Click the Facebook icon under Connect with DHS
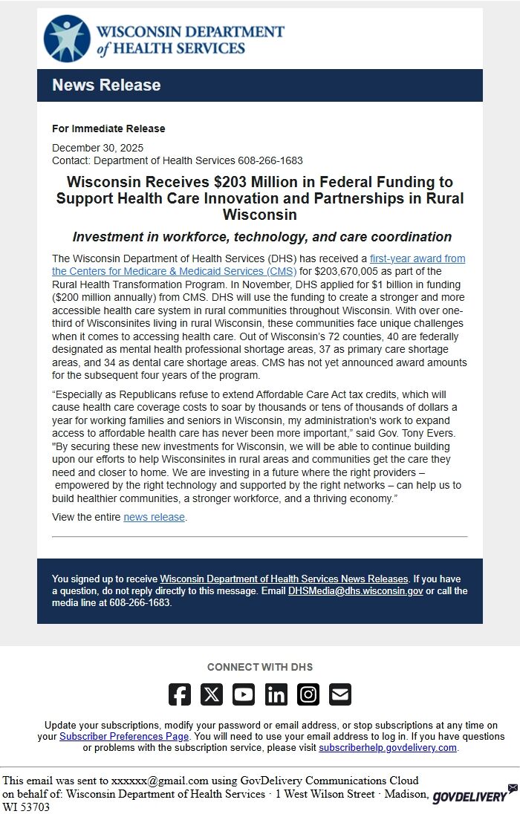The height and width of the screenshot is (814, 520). click(x=180, y=694)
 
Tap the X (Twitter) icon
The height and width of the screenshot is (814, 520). click(x=212, y=694)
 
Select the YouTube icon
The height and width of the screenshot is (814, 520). click(x=244, y=694)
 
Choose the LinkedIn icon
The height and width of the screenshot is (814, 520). click(x=276, y=694)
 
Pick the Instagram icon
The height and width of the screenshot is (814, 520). click(x=308, y=694)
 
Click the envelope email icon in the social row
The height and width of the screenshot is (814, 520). click(x=340, y=694)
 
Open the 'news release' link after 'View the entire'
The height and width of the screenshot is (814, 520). click(x=154, y=517)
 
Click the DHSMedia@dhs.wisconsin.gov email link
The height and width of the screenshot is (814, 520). click(x=355, y=591)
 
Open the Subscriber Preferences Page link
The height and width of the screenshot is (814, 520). click(x=124, y=736)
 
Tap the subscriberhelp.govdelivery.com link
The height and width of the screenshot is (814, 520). click(x=388, y=747)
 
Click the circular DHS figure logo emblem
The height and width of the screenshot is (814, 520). click(x=67, y=39)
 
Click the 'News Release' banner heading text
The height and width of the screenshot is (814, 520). click(x=106, y=85)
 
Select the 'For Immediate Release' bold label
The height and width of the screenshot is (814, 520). click(x=108, y=128)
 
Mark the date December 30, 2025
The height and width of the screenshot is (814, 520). click(x=97, y=148)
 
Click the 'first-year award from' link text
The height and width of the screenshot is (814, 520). click(x=417, y=258)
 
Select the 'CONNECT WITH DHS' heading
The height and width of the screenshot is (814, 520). click(x=260, y=667)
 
